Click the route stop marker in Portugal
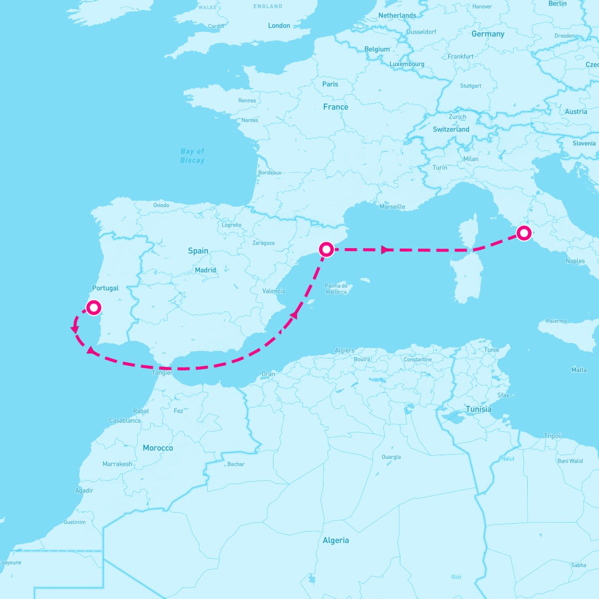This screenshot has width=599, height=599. click(93, 307)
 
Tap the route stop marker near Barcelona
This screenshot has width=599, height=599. click(326, 249)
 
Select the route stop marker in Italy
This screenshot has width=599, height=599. click(523, 233)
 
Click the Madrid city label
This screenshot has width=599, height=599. click(206, 270)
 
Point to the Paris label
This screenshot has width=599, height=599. click(330, 84)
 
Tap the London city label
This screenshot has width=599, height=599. click(279, 25)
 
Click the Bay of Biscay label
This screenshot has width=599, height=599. click(193, 156)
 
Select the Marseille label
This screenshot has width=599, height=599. click(392, 207)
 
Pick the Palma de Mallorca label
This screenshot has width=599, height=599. click(336, 289)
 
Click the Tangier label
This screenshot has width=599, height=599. click(162, 373)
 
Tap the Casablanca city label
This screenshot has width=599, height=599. click(125, 420)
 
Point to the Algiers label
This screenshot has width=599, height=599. click(344, 350)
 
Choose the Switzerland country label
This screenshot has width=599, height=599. click(451, 129)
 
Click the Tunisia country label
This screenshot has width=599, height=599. click(478, 409)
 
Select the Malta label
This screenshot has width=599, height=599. click(579, 370)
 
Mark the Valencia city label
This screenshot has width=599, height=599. click(274, 291)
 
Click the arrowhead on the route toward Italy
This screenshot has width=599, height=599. click(385, 250)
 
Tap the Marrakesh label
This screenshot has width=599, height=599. click(117, 464)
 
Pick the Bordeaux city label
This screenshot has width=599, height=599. click(270, 173)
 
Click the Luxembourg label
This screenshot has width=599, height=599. click(407, 64)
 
